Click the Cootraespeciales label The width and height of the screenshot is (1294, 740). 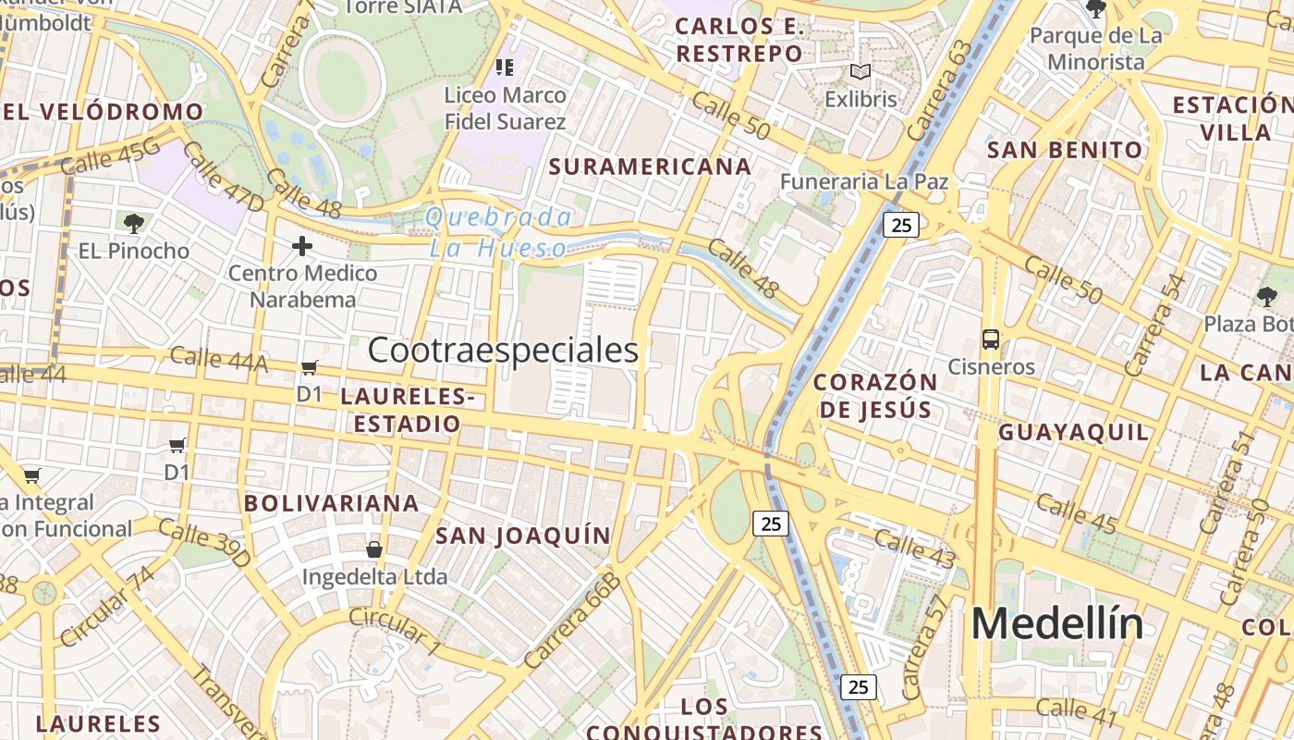[x=503, y=351]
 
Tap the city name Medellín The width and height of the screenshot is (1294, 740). [x=1056, y=624]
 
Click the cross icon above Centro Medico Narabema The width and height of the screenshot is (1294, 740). [x=302, y=246]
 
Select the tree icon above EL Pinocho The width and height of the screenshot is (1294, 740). [x=134, y=223]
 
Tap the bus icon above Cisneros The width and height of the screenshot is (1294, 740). [x=991, y=339]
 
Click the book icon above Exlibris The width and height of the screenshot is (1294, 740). [x=861, y=72]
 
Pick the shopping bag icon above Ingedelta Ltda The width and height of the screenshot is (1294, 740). [x=374, y=549]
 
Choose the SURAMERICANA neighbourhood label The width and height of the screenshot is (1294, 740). [x=650, y=166]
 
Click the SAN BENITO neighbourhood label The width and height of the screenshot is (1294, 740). [x=1065, y=150]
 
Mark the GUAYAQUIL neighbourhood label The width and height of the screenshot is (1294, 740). [x=1074, y=432]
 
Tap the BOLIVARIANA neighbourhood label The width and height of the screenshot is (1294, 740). [x=331, y=503]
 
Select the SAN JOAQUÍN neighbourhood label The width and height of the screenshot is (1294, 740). [x=523, y=536]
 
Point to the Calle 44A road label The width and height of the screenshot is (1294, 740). [x=219, y=359]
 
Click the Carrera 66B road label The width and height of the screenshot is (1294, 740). [x=571, y=620]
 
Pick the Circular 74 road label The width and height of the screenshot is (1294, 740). [x=107, y=607]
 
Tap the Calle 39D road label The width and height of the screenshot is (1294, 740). [x=204, y=543]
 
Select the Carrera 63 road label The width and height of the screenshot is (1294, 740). [x=940, y=91]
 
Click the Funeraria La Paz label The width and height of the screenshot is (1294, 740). [x=863, y=181]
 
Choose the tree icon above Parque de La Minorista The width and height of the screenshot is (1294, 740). [x=1096, y=9]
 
